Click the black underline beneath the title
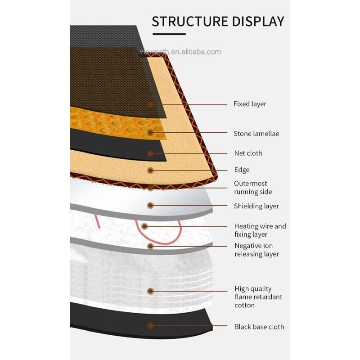[169, 34]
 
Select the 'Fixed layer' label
[250, 104]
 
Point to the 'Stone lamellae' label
[256, 134]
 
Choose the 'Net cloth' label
[248, 153]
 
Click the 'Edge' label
[242, 170]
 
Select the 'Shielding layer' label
[256, 206]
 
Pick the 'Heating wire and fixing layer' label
[260, 230]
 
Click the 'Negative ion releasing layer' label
[256, 250]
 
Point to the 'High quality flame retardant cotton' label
[258, 297]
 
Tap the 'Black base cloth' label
[259, 327]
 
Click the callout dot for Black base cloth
[151, 326]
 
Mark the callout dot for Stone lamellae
[151, 132]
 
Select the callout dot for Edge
[151, 170]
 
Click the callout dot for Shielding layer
[151, 206]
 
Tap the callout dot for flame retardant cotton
[151, 291]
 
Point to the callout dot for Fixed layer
[151, 104]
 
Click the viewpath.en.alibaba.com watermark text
[180, 52]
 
